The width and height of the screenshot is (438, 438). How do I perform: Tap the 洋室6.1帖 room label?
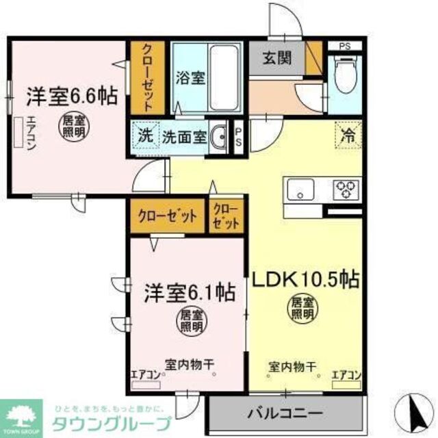click(190, 293)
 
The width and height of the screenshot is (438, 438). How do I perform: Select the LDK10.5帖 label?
click(308, 279)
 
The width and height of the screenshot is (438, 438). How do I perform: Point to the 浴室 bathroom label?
click(190, 78)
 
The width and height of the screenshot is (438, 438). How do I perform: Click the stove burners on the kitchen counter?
click(345, 187)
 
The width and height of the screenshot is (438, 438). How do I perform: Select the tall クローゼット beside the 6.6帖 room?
click(146, 77)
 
